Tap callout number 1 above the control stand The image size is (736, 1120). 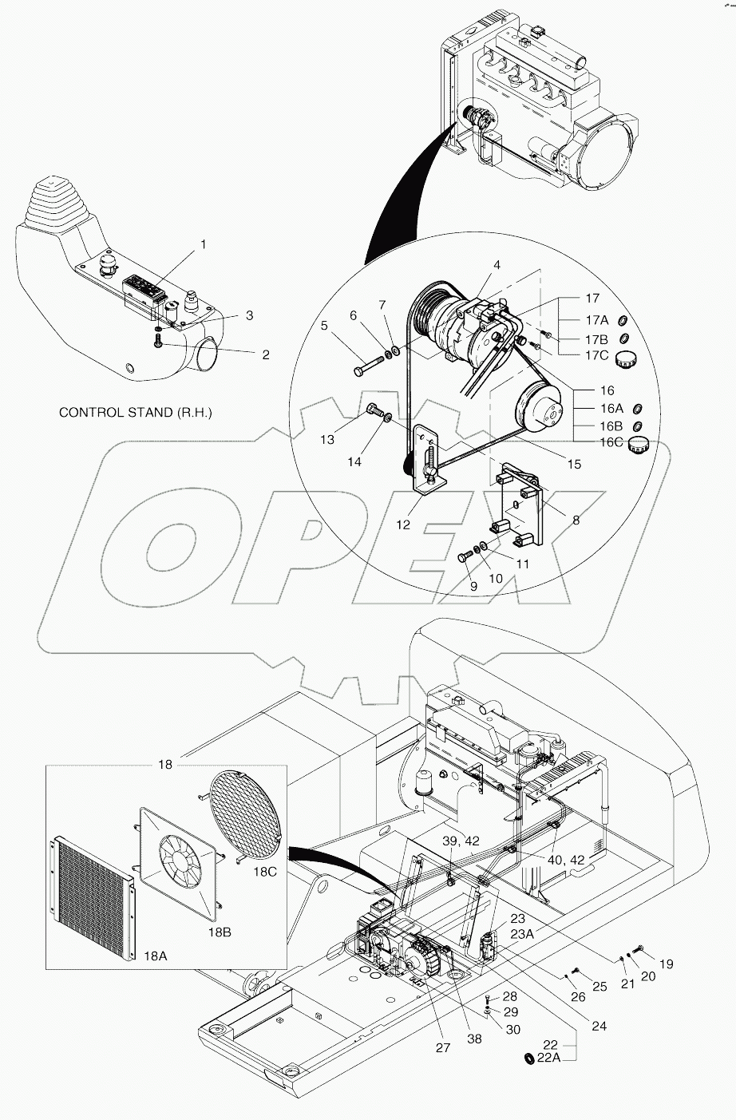(202, 244)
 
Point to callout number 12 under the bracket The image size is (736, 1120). (403, 524)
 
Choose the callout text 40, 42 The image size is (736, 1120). (567, 859)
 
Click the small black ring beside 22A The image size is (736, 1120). (528, 1059)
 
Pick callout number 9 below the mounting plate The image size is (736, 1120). (473, 585)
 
